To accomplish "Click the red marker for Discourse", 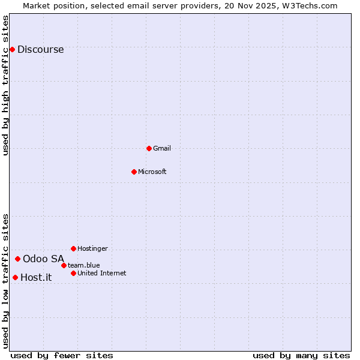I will point(12,49).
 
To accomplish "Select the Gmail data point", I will point(149,148).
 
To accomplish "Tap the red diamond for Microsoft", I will point(134,172).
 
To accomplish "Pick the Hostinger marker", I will point(73,248).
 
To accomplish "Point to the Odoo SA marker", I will point(17,259).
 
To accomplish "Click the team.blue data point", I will point(64,265).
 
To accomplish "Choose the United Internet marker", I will point(73,273).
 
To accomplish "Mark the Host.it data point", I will point(15,277).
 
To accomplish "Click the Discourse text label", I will point(40,50).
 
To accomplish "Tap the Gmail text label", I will point(162,148).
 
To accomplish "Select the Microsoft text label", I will point(152,172).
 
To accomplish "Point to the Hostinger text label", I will point(92,248).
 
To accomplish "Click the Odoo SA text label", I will point(43,259).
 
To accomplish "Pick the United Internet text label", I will point(102,273).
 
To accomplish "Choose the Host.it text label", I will point(36,278).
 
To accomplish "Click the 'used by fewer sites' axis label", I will point(62,355).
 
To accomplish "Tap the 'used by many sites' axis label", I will point(301,355).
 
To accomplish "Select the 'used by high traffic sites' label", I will point(6,85).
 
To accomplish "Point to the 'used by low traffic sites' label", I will point(6,281).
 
